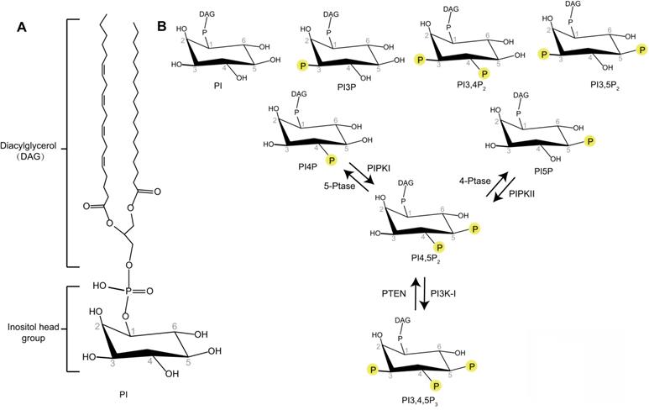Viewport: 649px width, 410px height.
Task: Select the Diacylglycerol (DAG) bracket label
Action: [x=31, y=150]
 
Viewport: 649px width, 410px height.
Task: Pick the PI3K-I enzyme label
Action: [x=444, y=293]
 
